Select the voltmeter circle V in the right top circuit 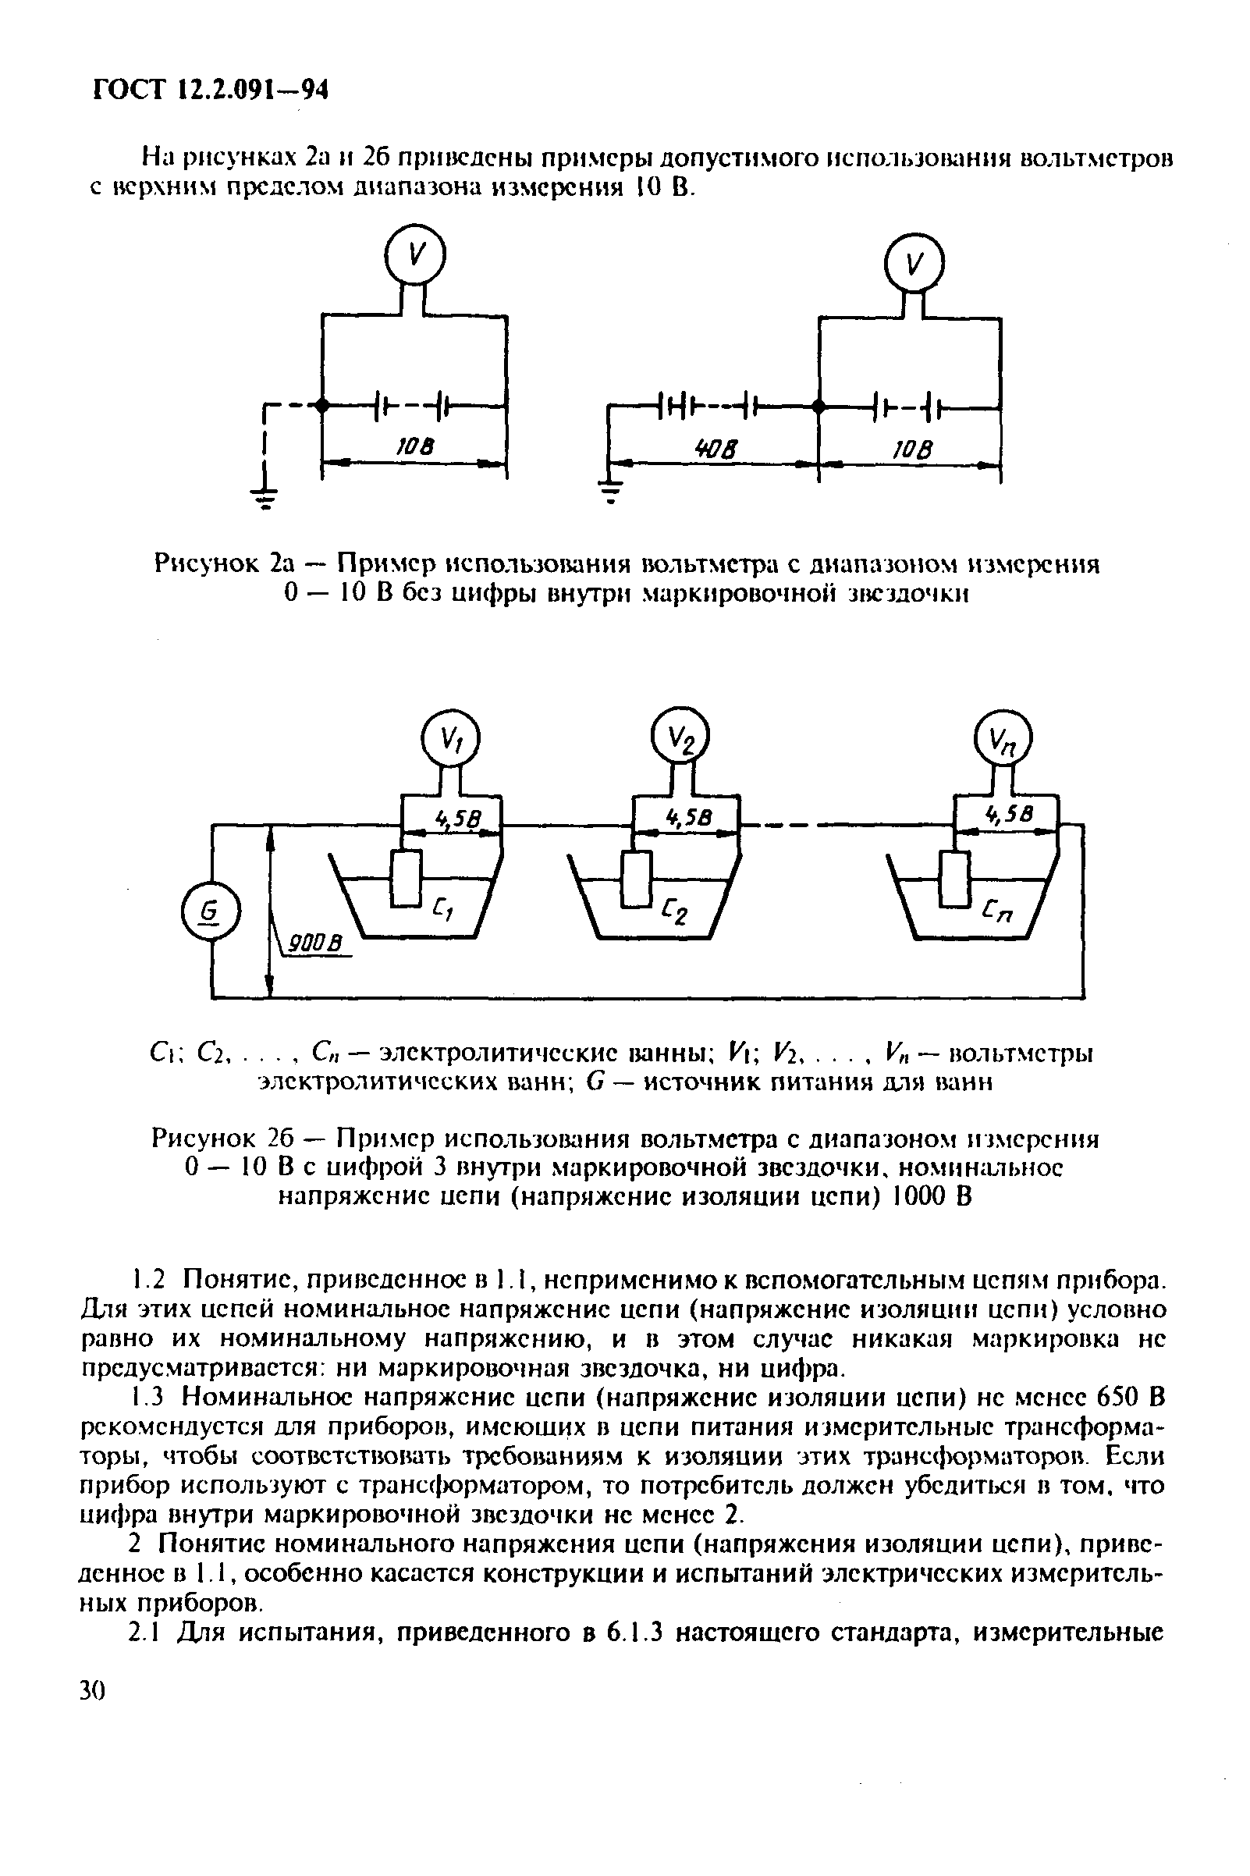point(914,262)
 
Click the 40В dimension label point(715,451)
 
